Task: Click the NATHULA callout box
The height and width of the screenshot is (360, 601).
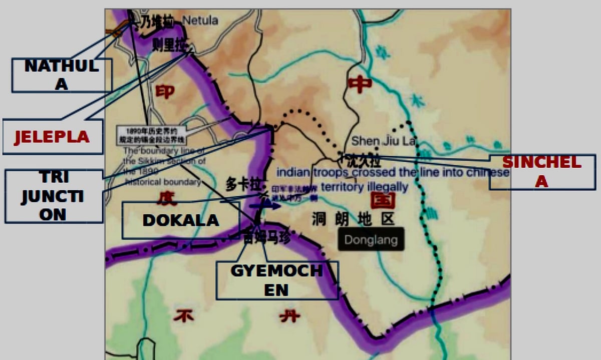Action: click(x=61, y=75)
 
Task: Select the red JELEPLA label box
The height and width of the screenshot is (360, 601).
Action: click(x=52, y=136)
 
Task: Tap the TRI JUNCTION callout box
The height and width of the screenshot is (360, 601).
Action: click(x=53, y=196)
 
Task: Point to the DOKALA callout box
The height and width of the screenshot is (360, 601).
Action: click(x=180, y=220)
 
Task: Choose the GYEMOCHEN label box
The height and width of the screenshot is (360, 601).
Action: click(x=277, y=280)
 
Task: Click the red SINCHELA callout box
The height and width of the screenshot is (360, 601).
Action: click(x=542, y=172)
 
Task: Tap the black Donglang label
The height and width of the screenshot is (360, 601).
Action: click(x=370, y=239)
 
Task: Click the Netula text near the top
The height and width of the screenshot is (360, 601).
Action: click(x=200, y=21)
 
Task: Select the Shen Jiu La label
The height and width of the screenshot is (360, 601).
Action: click(x=383, y=141)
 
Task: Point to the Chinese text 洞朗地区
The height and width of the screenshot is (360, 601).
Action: click(x=353, y=219)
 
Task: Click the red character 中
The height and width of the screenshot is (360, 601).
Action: click(x=360, y=84)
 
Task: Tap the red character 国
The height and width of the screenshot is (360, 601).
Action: click(x=383, y=200)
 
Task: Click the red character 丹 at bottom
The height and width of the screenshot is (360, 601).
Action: click(x=289, y=315)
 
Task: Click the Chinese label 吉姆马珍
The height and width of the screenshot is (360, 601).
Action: click(x=266, y=237)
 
